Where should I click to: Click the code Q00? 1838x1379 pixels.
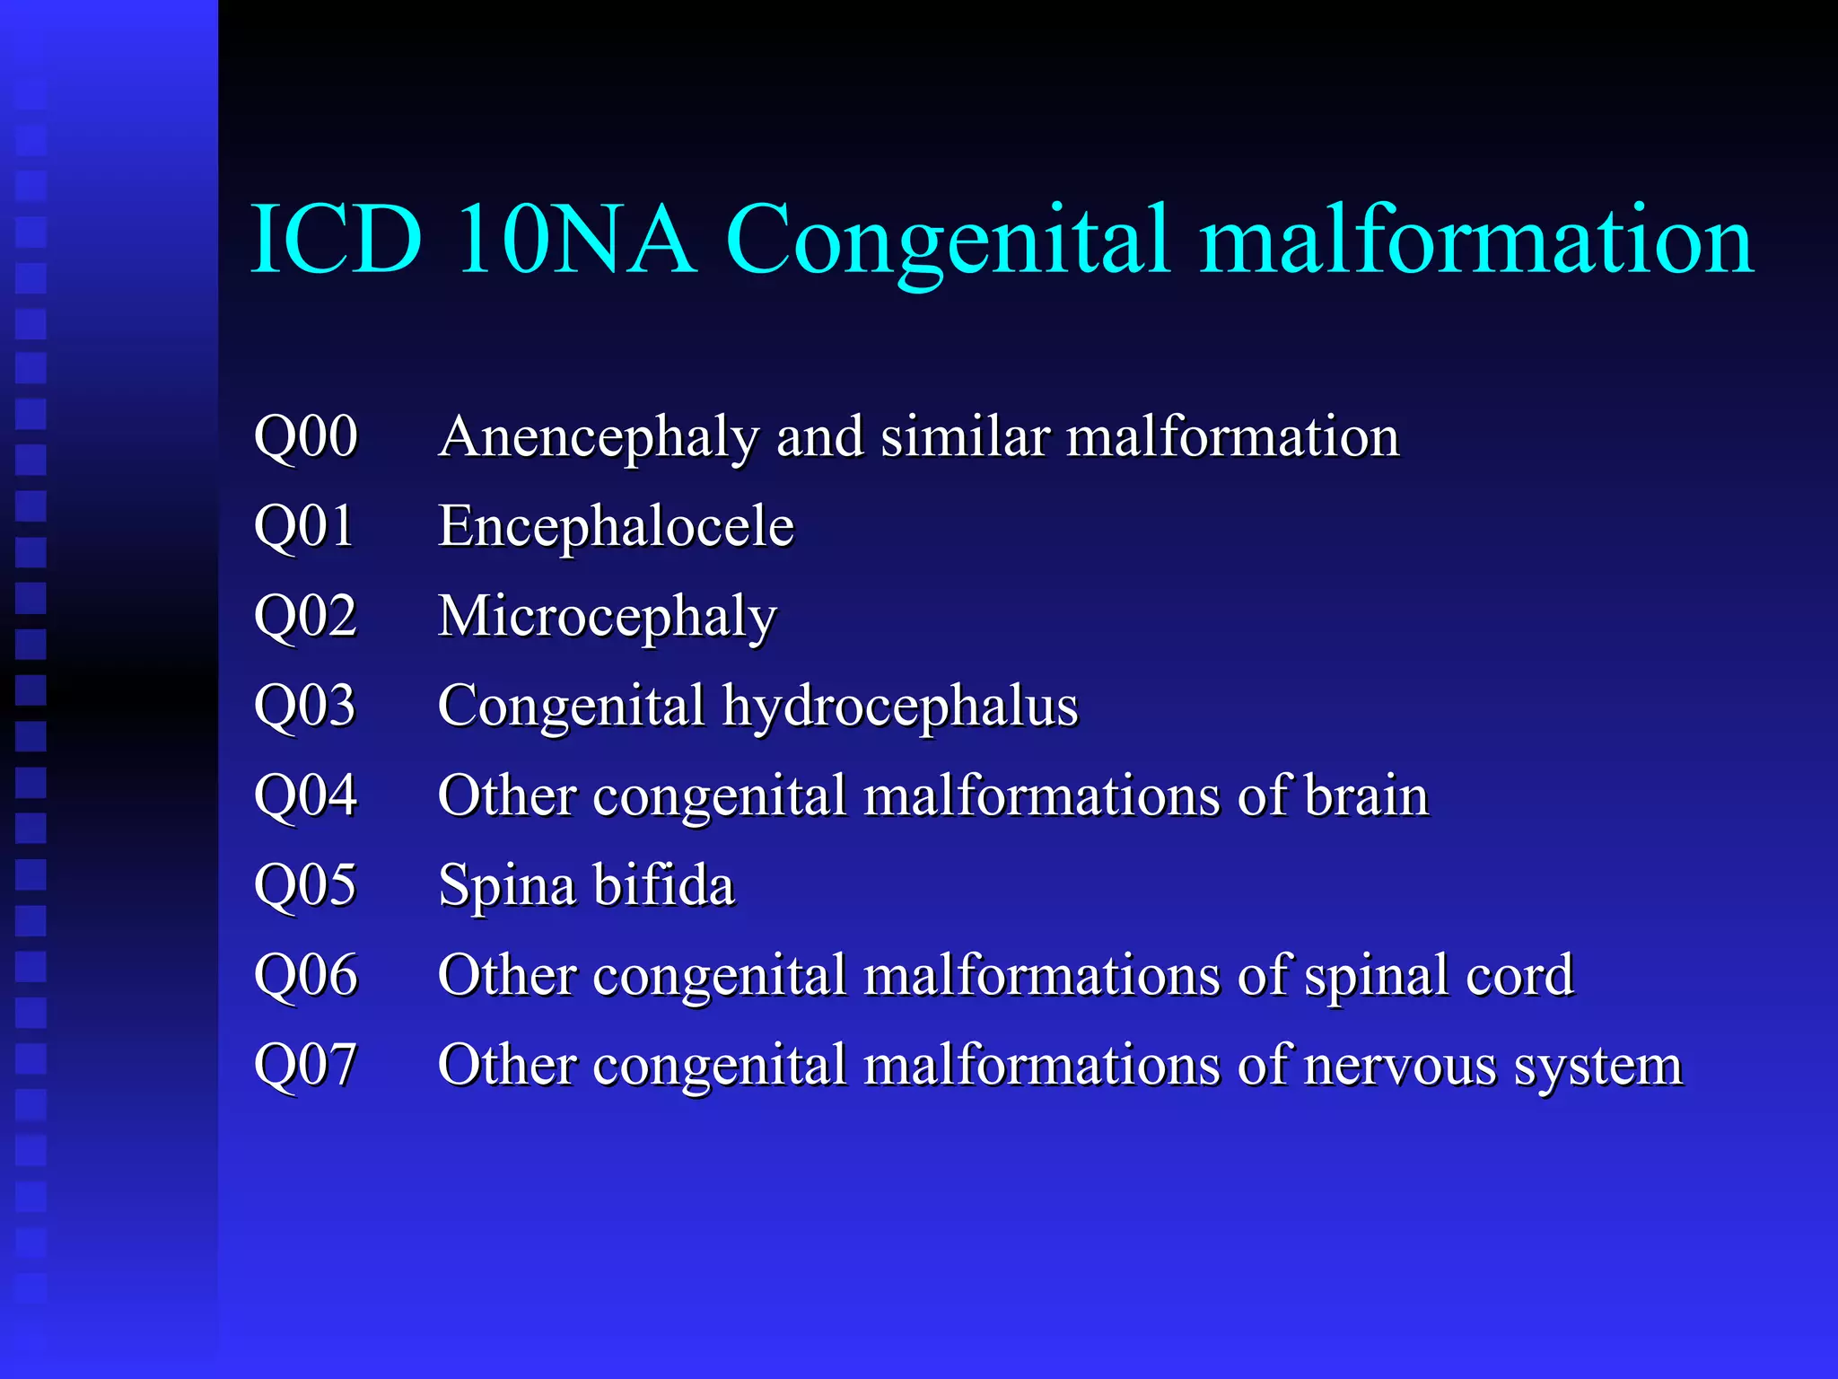click(306, 438)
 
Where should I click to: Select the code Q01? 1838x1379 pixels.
click(304, 527)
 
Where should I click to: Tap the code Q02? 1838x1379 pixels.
click(306, 617)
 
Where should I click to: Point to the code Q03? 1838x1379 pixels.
click(305, 707)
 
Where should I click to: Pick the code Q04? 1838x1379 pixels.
click(306, 796)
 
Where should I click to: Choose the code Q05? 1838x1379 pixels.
click(305, 886)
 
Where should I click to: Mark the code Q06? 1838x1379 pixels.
click(306, 976)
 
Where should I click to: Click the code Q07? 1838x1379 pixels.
click(305, 1066)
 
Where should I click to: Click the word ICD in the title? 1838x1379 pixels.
click(337, 240)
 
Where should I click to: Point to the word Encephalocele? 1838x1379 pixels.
click(616, 527)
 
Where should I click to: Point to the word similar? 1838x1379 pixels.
click(965, 438)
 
